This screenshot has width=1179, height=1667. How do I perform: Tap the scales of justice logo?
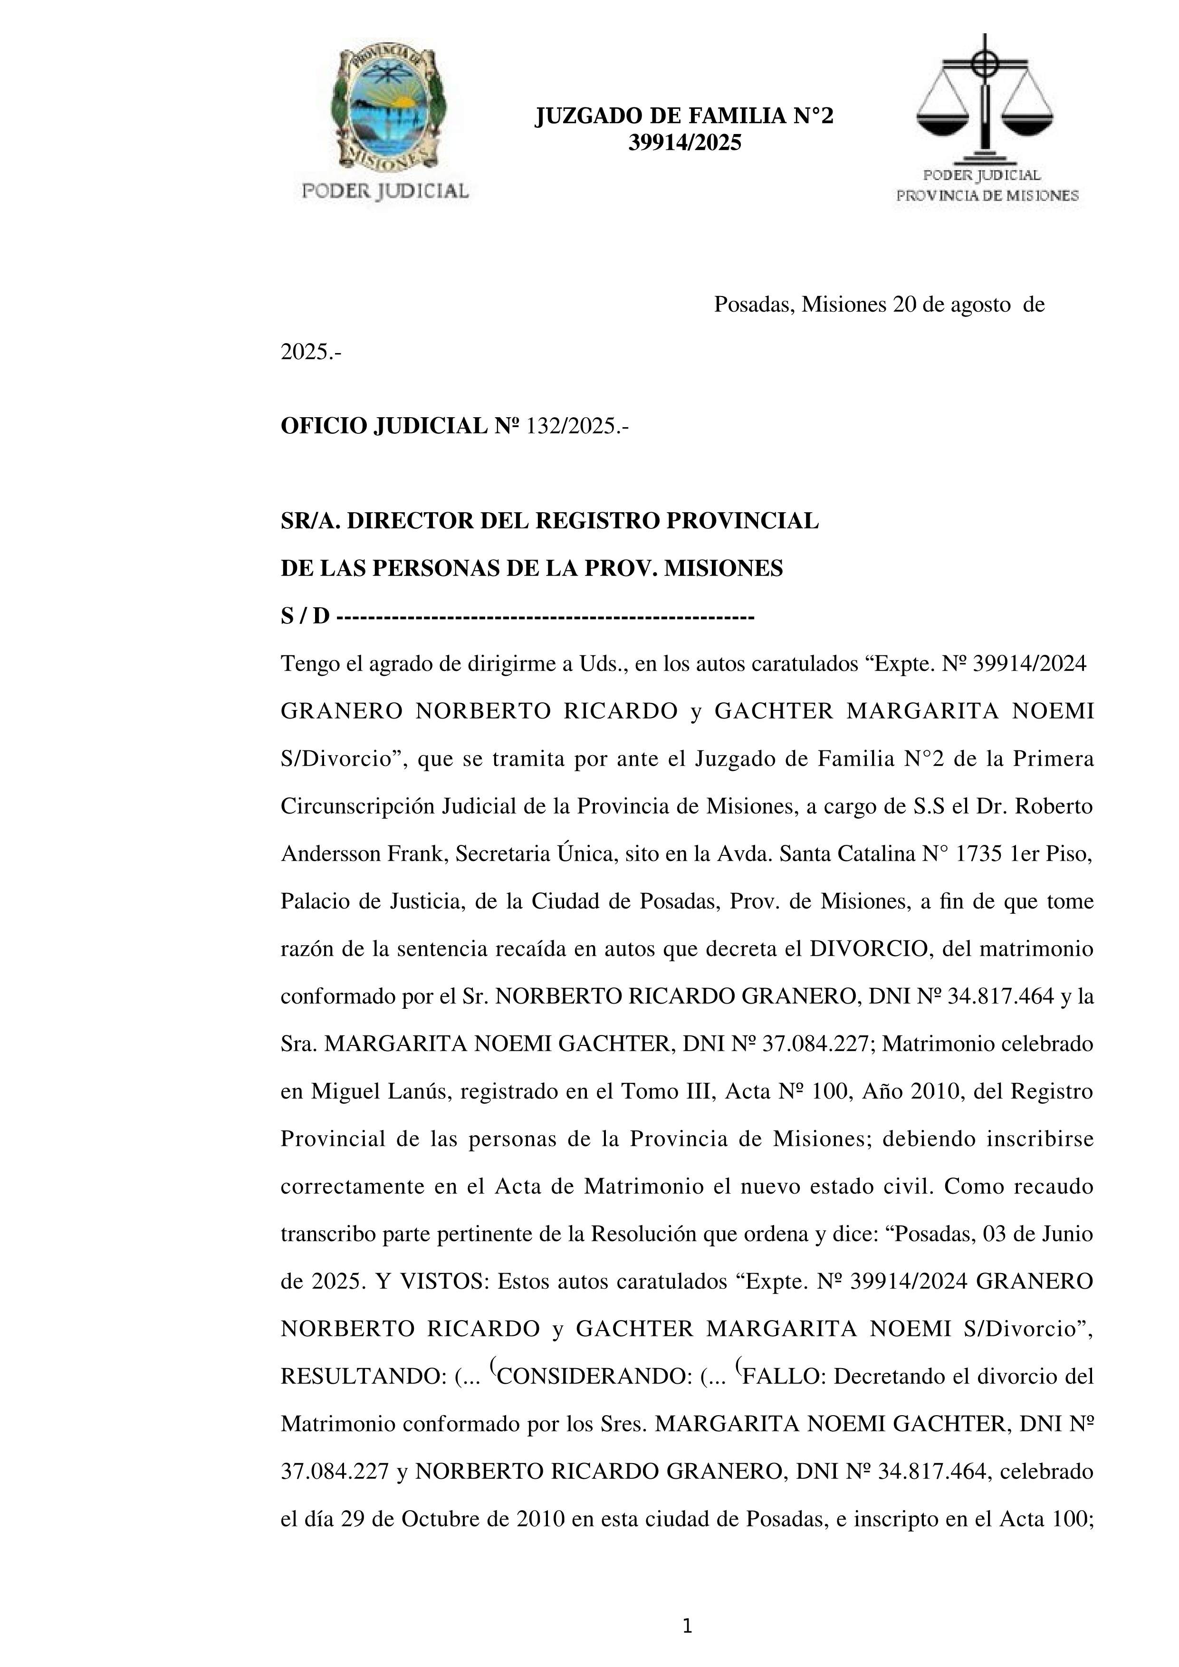click(985, 98)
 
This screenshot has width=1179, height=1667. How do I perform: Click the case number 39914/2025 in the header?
click(685, 143)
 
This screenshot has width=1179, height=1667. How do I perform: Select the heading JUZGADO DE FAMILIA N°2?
click(685, 116)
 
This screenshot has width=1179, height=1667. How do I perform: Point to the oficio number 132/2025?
click(577, 426)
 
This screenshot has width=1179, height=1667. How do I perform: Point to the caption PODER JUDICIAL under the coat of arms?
click(385, 191)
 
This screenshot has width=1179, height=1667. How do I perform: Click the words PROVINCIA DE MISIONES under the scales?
click(987, 195)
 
